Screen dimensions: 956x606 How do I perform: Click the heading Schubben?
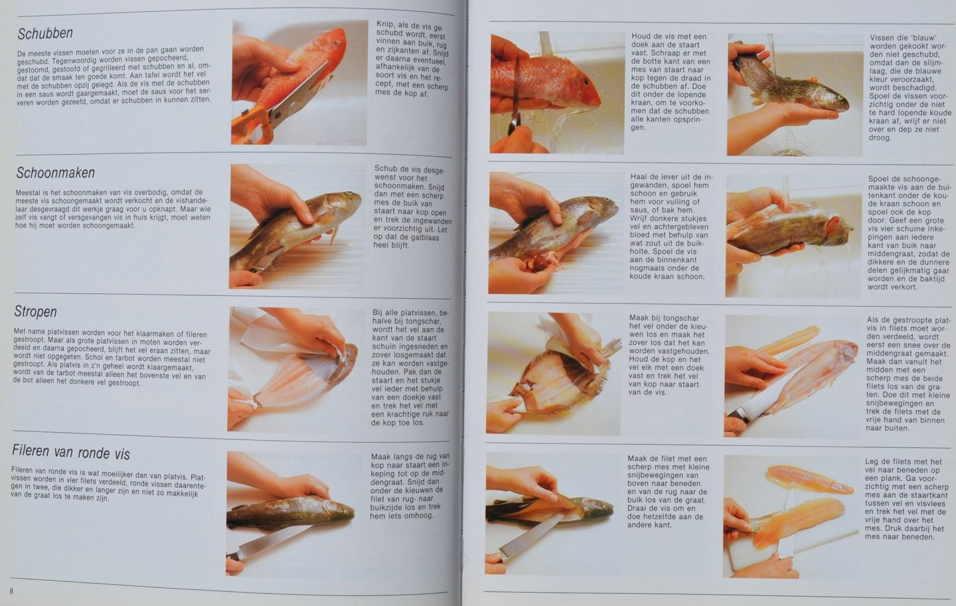45,33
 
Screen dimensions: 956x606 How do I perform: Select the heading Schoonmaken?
56,173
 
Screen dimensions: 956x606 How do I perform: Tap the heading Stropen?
35,311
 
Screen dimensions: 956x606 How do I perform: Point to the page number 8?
11,591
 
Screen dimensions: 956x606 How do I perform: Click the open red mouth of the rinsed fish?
833,225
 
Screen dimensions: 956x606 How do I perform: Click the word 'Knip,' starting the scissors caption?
385,24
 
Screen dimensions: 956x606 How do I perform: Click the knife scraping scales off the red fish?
516,96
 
